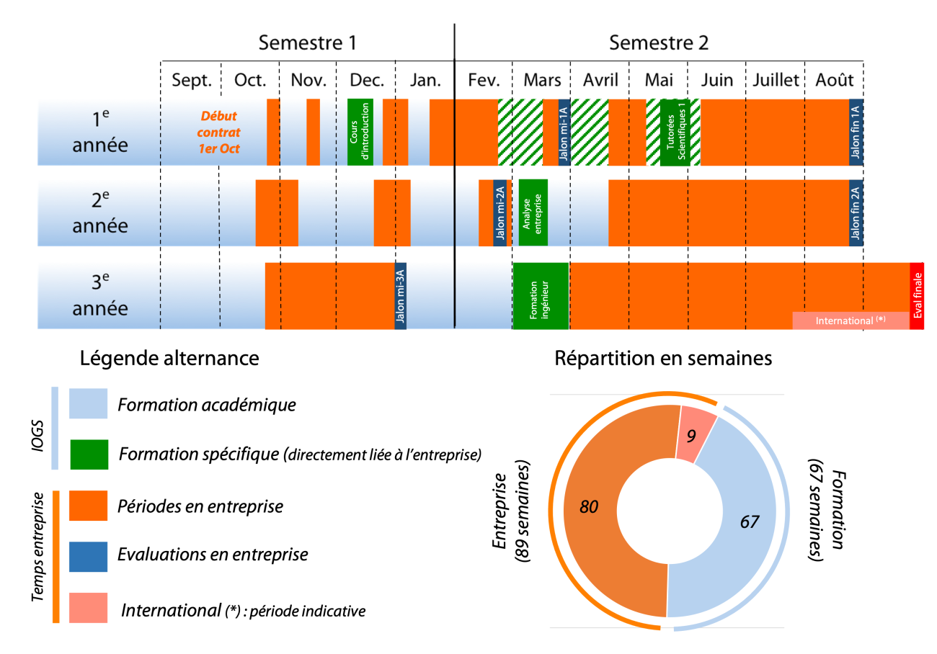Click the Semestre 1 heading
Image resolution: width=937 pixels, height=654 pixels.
point(308,42)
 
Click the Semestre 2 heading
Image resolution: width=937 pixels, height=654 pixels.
point(659,42)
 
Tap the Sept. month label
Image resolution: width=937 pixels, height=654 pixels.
point(191,80)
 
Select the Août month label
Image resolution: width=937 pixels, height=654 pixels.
point(834,80)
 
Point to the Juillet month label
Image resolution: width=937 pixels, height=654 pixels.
point(776,80)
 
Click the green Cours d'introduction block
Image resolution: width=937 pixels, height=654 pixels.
point(360,132)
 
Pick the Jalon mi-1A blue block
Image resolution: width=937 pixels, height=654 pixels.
point(564,132)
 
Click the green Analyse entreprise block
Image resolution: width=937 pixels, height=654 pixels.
point(533,212)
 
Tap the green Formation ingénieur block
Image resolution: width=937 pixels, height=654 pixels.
point(541,295)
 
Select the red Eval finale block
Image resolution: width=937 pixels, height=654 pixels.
point(917,295)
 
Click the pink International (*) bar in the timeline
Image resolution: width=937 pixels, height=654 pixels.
point(851,321)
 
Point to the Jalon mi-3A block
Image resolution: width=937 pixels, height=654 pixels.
point(401,295)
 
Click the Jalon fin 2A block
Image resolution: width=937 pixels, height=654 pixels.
point(856,212)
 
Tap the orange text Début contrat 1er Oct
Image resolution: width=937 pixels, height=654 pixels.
point(218,132)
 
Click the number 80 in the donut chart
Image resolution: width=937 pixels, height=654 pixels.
point(589,507)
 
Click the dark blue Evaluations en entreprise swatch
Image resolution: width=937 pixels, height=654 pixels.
point(88,556)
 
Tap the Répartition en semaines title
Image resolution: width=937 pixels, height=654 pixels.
point(663,358)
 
